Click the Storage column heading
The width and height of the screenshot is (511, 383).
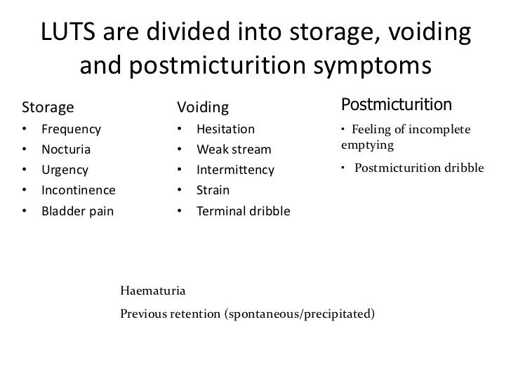[48, 107]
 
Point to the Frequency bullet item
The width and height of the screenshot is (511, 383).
[71, 129]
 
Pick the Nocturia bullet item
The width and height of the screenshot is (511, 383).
[65, 149]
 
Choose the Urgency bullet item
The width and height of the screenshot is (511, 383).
[65, 170]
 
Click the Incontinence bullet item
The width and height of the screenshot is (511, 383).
[78, 190]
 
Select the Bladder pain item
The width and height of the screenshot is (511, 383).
[77, 210]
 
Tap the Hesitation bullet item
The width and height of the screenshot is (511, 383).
[225, 129]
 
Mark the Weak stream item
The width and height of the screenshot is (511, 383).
[233, 149]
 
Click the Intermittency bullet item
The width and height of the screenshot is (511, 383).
[236, 170]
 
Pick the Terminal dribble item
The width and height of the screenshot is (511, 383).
[243, 210]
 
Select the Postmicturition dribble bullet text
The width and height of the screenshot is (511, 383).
[418, 168]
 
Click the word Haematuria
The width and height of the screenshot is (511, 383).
[153, 290]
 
